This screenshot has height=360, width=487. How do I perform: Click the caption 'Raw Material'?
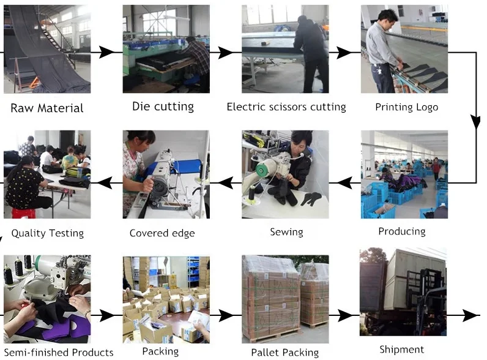click(x=47, y=108)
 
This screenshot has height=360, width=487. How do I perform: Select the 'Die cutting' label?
click(x=163, y=107)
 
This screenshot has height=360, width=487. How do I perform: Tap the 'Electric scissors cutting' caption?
click(x=286, y=107)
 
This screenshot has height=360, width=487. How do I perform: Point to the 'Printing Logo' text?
click(x=407, y=107)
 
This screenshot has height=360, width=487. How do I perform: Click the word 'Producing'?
click(x=402, y=231)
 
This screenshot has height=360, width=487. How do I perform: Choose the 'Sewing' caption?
click(x=286, y=232)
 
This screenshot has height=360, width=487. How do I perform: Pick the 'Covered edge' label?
click(x=162, y=233)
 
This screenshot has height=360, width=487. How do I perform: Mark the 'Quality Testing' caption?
click(x=48, y=233)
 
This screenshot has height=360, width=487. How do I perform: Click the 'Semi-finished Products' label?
click(x=59, y=353)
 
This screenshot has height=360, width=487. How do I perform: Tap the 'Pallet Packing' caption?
click(x=285, y=353)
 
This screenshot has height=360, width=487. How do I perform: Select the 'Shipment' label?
click(x=401, y=350)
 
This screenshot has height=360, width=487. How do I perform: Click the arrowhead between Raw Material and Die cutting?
click(x=106, y=52)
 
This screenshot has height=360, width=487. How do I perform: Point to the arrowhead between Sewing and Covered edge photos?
click(x=226, y=182)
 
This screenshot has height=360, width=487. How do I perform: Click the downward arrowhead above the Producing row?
click(x=475, y=122)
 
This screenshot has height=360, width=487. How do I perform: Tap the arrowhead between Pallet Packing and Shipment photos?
click(x=344, y=315)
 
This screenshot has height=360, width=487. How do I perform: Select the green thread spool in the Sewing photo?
click(x=262, y=170)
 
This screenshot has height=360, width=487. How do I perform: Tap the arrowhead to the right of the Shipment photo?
click(x=470, y=315)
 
